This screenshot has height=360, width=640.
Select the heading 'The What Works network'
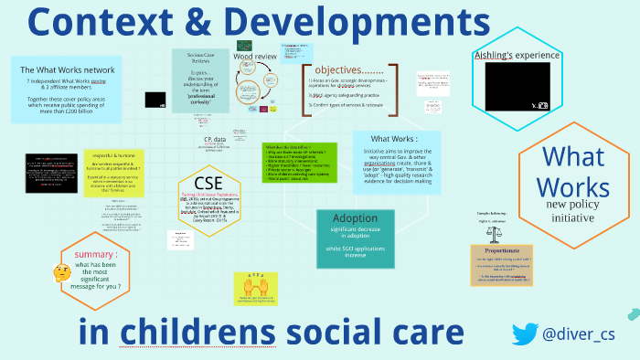click(x=68, y=69)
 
